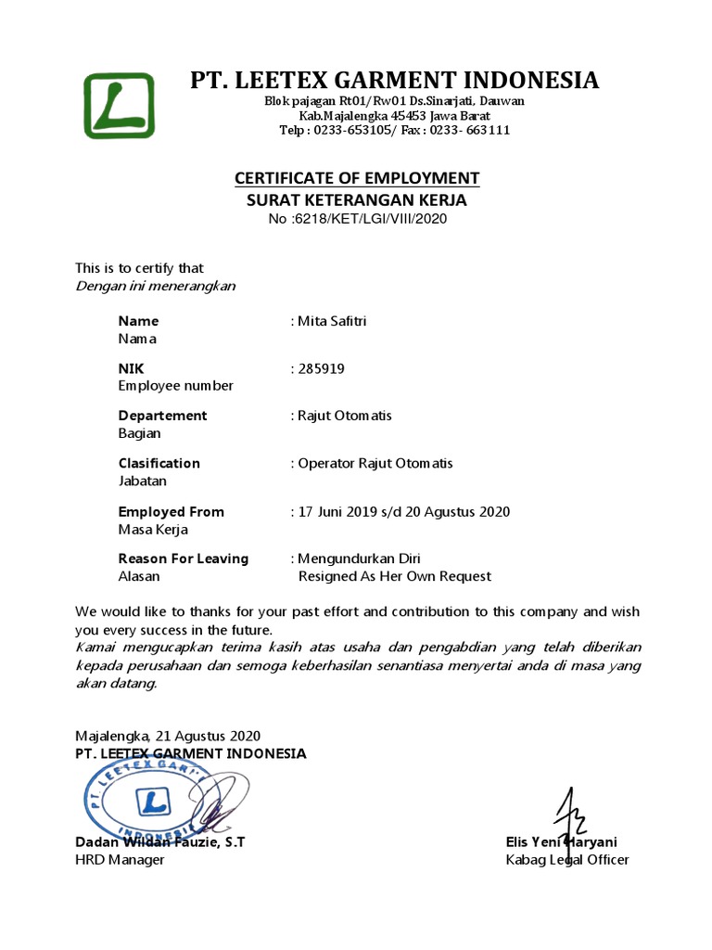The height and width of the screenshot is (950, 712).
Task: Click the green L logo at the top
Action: point(120,106)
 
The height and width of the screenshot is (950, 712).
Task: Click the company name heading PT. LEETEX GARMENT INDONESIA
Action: point(394,80)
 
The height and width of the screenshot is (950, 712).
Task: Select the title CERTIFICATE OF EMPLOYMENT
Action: point(357,178)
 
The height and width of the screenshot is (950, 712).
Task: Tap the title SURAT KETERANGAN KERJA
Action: point(357,199)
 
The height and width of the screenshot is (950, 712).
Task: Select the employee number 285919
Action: point(321,368)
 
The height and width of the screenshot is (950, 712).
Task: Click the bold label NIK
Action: point(131,368)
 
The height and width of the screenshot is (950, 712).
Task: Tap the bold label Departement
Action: point(162,415)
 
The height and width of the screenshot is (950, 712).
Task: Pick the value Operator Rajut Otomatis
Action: point(375,463)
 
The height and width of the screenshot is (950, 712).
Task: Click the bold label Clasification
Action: point(159,463)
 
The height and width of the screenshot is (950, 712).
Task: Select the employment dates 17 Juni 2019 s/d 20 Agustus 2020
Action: point(403,511)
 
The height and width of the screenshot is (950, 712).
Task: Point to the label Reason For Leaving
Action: point(183,558)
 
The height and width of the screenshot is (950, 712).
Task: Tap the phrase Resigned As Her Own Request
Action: point(394,576)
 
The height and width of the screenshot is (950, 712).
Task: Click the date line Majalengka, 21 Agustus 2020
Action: point(168,736)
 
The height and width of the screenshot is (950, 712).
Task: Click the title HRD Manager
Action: point(120,860)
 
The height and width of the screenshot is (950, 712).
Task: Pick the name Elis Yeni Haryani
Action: point(562,841)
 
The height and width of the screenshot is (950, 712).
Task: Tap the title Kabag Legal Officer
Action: point(566,860)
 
